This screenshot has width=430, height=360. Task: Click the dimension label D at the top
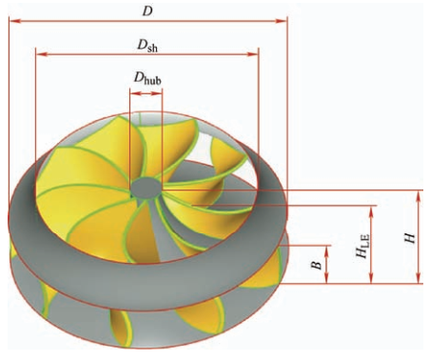coord(147,11)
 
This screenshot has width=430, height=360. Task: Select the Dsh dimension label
coord(147,46)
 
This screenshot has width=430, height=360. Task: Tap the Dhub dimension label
coord(147,78)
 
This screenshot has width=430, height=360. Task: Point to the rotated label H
coord(410,238)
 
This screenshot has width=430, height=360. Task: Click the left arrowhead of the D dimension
coord(15,21)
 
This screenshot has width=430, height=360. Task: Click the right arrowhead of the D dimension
coord(282,21)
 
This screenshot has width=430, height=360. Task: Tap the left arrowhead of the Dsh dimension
coord(42,54)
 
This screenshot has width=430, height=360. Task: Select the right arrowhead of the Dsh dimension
coord(253,54)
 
